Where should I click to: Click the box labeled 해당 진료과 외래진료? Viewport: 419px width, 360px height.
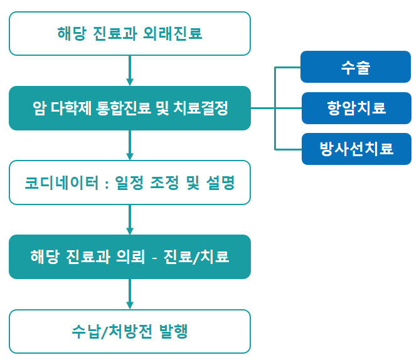click(x=130, y=33)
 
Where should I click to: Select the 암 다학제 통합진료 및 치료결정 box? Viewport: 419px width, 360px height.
click(x=130, y=108)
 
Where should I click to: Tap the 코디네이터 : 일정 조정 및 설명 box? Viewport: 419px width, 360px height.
click(x=130, y=183)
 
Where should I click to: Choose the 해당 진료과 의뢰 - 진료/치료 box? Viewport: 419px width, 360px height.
click(x=130, y=257)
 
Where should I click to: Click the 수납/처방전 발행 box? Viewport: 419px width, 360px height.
click(x=130, y=331)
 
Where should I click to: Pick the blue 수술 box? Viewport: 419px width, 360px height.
click(x=356, y=67)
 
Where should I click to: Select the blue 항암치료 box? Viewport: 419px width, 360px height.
click(x=356, y=108)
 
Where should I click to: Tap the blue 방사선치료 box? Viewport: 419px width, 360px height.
click(x=356, y=149)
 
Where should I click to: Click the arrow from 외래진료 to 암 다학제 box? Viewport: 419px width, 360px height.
click(x=130, y=70)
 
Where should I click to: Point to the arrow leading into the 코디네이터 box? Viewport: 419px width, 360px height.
click(x=130, y=145)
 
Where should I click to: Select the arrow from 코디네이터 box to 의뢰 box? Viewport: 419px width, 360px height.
click(x=130, y=220)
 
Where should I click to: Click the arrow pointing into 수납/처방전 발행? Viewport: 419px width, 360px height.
click(x=130, y=294)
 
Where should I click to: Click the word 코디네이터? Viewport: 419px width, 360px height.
click(x=61, y=183)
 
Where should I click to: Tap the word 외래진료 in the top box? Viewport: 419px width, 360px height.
click(x=172, y=33)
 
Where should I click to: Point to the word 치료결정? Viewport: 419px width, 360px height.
click(x=201, y=108)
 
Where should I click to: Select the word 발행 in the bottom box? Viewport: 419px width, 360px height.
click(x=173, y=331)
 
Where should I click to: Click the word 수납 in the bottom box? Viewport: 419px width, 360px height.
click(x=85, y=331)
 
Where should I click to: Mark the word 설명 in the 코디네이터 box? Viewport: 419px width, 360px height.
click(x=220, y=183)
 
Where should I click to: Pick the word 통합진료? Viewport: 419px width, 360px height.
click(x=123, y=108)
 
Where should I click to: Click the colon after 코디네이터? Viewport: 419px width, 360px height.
click(x=107, y=184)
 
